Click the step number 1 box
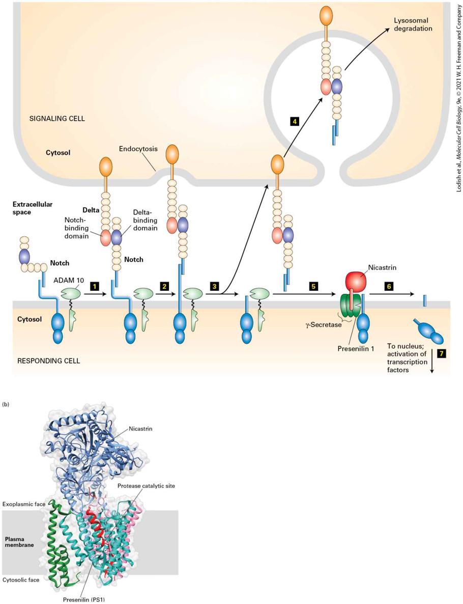point(94,286)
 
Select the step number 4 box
point(295,122)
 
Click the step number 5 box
point(314,286)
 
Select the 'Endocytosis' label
point(138,149)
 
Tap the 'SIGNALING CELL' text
point(57,119)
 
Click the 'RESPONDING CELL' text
point(49,361)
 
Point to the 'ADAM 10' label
point(69,281)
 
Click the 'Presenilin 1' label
point(356,349)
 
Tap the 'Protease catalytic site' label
point(146,486)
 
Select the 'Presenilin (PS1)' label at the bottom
point(83,599)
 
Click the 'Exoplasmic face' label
point(24,504)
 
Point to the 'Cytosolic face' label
point(21,580)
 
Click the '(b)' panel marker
point(6,404)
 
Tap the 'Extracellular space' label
point(33,208)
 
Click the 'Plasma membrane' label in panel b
point(19,542)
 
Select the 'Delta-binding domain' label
point(145,220)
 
